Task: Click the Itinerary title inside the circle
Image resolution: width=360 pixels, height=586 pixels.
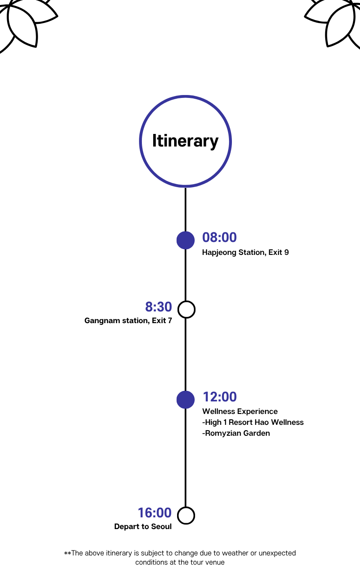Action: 185,141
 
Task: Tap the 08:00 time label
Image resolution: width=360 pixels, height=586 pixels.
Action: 219,237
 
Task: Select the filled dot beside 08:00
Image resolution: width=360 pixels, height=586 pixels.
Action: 185,240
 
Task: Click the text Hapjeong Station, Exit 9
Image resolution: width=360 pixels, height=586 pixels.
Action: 245,252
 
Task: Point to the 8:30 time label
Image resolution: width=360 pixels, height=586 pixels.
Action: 158,307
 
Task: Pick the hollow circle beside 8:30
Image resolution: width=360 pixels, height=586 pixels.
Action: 186,310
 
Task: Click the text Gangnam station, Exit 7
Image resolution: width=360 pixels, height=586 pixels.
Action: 128,321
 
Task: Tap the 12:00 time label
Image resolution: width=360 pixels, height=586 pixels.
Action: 219,397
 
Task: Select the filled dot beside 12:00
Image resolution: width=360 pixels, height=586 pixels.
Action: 185,400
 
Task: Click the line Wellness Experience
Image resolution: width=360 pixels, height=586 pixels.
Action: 240,411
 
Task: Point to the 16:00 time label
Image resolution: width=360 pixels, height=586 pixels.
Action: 154,513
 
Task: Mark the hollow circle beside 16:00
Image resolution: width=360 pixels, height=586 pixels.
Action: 186,516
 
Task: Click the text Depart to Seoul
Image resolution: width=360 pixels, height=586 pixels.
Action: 143,527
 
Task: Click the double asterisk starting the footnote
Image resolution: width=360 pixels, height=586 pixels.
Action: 67,553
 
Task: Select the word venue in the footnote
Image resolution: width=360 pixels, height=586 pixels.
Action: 215,563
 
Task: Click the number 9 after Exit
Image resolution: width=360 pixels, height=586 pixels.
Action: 286,252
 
